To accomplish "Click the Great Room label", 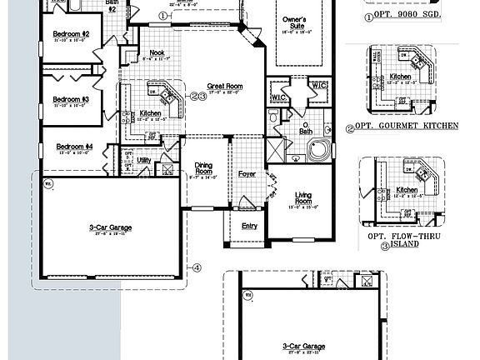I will coord(225,86).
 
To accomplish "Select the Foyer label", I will coord(247,174).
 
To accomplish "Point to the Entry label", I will coord(250,226).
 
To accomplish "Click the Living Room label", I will coord(304,198).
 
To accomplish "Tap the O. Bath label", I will coord(307,127).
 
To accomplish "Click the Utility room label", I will coord(144,159).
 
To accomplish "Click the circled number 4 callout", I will coord(197,267).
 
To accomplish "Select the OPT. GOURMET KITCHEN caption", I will coord(407,126).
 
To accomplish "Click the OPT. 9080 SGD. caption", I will coord(402,15).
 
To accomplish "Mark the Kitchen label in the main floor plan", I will coord(150,113).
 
